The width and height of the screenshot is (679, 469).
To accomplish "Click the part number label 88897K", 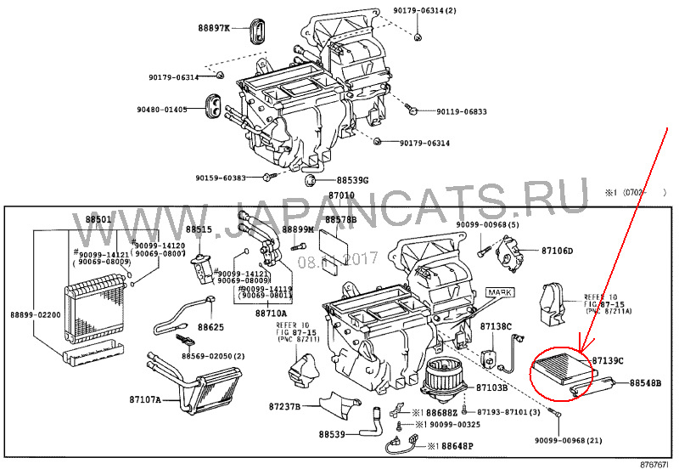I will click(214, 28).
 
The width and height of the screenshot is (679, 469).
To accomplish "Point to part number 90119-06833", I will click(462, 112).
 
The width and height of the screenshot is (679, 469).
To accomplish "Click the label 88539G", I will click(352, 180).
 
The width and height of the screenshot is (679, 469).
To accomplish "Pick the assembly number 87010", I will click(341, 195).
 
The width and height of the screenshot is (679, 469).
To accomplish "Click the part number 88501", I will click(98, 220).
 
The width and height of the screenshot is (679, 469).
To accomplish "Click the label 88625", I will click(211, 326).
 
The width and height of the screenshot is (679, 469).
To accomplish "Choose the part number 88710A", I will click(271, 313).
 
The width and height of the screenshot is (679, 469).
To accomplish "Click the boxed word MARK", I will click(500, 292).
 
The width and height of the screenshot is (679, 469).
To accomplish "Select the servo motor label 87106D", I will click(558, 251).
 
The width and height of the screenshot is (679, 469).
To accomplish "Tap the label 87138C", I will click(496, 326).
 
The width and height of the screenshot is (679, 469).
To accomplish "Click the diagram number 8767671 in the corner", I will click(654, 463).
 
